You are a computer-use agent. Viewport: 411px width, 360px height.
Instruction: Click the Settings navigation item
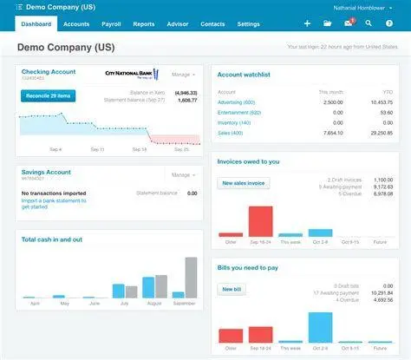pos(248,24)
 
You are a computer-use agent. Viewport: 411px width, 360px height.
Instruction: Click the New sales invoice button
pos(245,183)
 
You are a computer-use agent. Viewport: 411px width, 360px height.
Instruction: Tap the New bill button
pos(232,289)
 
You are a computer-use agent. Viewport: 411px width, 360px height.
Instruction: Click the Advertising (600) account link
pos(237,102)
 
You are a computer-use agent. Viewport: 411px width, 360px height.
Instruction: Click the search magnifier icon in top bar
pos(369,24)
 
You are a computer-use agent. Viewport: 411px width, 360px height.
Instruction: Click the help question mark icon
pos(389,24)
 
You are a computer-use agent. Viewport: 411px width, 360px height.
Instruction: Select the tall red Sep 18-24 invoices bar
pos(261,220)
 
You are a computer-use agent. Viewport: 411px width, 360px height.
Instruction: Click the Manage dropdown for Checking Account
pos(183,75)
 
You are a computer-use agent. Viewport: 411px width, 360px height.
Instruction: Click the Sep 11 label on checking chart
pos(95,149)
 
